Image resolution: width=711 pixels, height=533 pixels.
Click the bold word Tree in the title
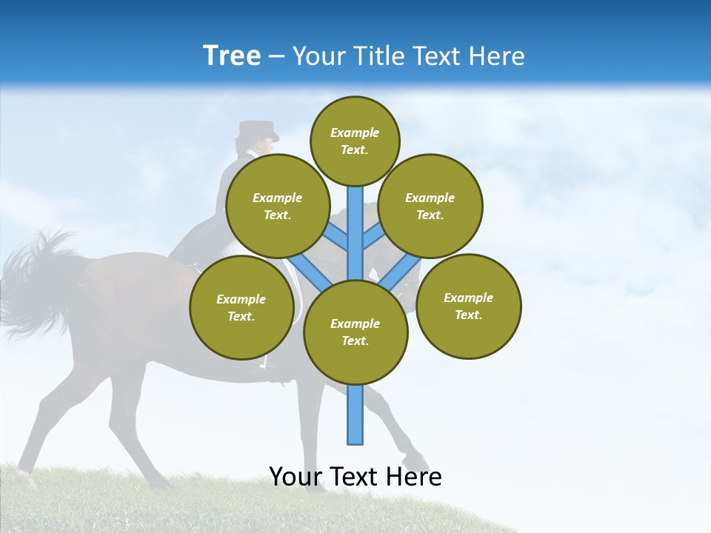coord(232,56)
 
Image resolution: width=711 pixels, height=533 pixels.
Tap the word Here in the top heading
coord(495,56)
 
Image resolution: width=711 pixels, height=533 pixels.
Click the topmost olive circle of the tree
coord(355,141)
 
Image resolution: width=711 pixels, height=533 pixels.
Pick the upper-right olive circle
coord(430,207)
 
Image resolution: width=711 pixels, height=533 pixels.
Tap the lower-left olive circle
coord(241,308)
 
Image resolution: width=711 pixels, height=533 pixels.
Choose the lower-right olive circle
coord(468,306)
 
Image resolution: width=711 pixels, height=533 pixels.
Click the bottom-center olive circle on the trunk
coord(355,332)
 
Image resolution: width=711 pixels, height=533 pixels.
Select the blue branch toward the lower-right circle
coord(400,270)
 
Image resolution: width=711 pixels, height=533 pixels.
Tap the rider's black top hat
coord(257,130)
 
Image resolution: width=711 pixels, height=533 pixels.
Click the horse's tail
coord(37,281)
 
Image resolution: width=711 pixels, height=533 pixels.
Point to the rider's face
coord(264,147)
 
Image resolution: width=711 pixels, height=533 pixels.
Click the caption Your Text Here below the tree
coord(355,477)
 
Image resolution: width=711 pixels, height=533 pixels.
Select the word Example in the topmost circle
coord(355,133)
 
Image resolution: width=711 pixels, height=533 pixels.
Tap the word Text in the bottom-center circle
coord(355,341)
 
